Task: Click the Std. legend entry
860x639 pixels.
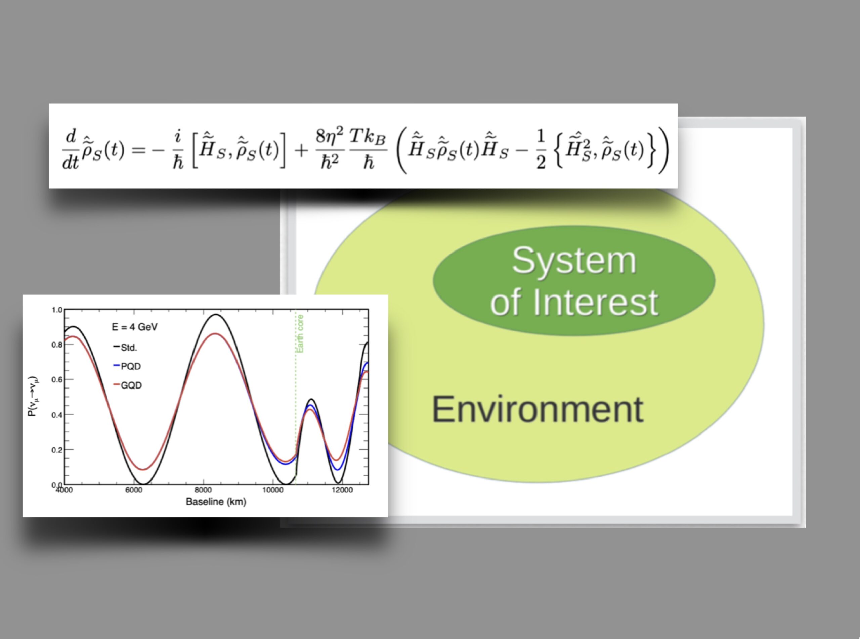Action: [125, 347]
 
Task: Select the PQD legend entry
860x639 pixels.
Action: [127, 366]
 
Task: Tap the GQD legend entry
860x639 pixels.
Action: [127, 385]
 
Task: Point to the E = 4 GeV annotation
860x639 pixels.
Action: [135, 327]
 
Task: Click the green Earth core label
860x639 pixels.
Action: [300, 333]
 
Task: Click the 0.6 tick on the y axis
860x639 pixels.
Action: [56, 380]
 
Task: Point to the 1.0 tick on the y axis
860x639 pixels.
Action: [56, 310]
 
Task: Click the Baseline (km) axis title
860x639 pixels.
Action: [216, 502]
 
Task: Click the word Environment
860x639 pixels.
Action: [537, 409]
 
